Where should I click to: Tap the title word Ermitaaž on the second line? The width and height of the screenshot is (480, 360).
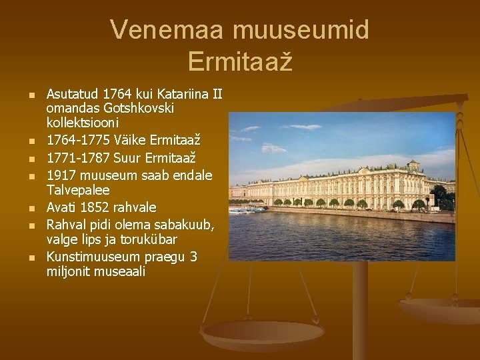[x=239, y=61]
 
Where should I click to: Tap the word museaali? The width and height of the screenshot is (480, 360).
[x=122, y=272]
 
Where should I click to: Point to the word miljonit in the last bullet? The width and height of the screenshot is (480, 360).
[x=70, y=272]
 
